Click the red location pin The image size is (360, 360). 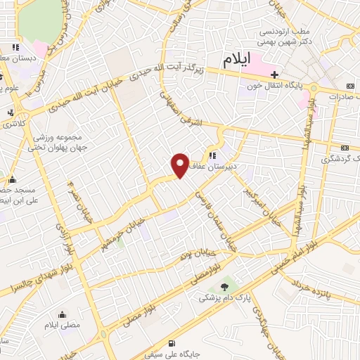point(180,165)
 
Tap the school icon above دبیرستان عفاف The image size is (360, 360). point(214,155)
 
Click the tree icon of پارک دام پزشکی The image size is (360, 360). point(225,286)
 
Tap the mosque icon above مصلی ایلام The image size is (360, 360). point(64,314)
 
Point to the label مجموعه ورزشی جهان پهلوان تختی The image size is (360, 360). point(57,141)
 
